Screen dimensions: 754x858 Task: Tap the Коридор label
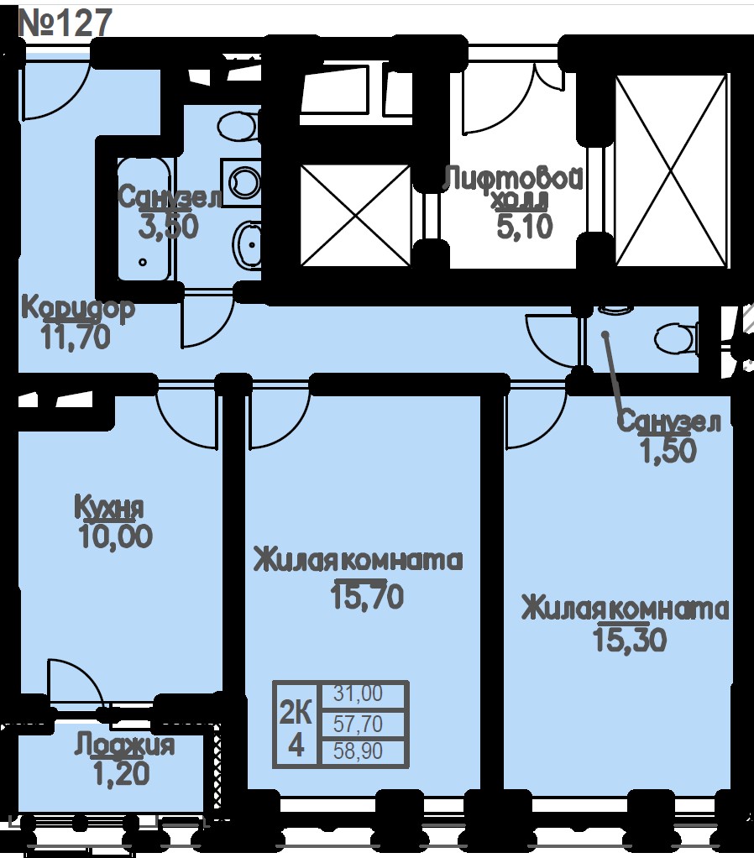click(x=78, y=309)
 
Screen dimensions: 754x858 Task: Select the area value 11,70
click(x=76, y=337)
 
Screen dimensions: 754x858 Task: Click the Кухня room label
click(x=109, y=507)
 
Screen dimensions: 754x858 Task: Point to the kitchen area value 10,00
click(x=116, y=536)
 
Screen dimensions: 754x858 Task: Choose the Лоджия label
click(x=125, y=746)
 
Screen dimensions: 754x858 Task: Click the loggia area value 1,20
click(x=122, y=773)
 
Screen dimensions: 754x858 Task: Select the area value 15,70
click(x=367, y=596)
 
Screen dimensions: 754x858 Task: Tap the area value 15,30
click(x=629, y=639)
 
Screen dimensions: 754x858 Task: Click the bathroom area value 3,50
click(x=168, y=227)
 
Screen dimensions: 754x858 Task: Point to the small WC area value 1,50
click(x=668, y=451)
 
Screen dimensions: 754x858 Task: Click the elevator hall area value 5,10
click(x=525, y=227)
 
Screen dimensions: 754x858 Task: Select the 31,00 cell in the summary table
click(x=359, y=693)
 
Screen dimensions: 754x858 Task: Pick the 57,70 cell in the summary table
click(x=359, y=725)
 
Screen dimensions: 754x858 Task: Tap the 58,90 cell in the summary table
click(x=359, y=751)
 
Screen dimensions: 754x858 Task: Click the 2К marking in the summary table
click(x=296, y=714)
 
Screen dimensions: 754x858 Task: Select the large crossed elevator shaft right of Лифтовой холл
click(x=672, y=171)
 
